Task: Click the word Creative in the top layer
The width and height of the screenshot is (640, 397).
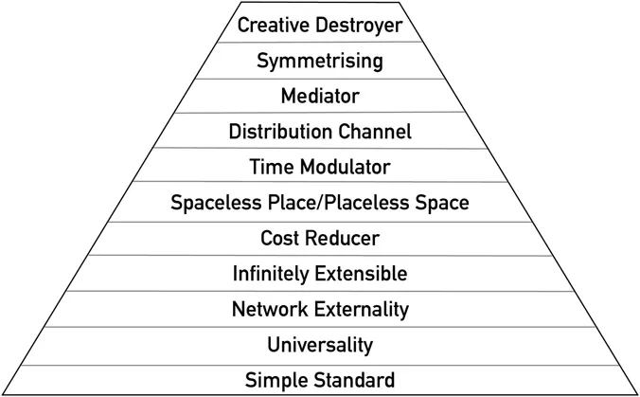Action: pos(269,26)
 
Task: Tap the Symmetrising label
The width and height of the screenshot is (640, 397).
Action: pos(319,62)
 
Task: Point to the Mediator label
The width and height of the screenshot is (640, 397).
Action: pos(319,96)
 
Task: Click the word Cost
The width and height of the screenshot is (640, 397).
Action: pos(279,238)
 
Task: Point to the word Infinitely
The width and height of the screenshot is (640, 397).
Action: pos(270,274)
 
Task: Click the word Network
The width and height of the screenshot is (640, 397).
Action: pos(268,309)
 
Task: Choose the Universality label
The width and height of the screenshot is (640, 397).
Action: pos(319,345)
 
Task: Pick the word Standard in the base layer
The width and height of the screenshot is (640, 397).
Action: pos(352,381)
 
